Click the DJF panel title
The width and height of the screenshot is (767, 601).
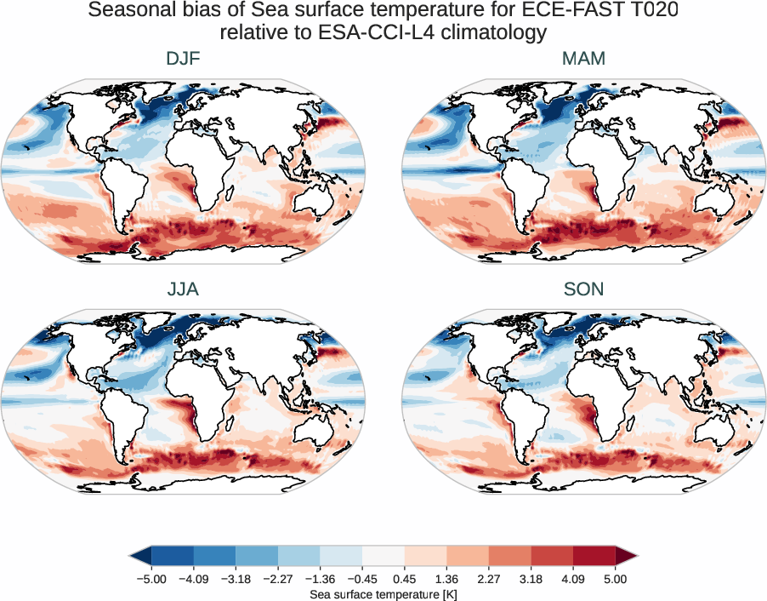pyautogui.click(x=183, y=60)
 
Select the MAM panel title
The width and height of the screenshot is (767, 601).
pyautogui.click(x=583, y=60)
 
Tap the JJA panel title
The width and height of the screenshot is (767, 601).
pyautogui.click(x=183, y=289)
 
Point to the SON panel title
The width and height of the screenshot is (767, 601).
pyautogui.click(x=583, y=289)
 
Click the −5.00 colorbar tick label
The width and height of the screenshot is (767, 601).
pyautogui.click(x=151, y=579)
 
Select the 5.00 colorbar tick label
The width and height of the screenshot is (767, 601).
pyautogui.click(x=616, y=579)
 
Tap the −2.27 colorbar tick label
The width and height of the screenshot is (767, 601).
pyautogui.click(x=277, y=579)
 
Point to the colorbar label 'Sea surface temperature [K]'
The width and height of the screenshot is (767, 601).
pyautogui.click(x=383, y=592)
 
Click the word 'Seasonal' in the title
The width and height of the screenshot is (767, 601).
pyautogui.click(x=139, y=11)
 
